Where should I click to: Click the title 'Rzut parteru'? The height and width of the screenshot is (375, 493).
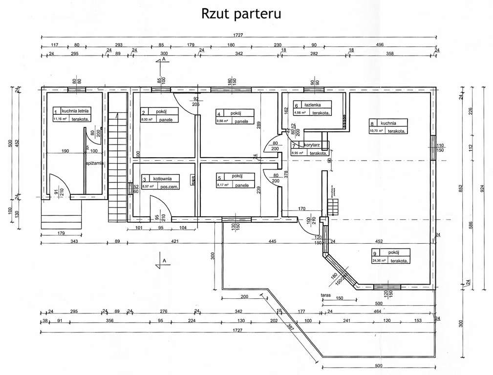click(241, 13)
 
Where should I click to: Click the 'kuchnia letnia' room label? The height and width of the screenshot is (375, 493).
click(75, 111)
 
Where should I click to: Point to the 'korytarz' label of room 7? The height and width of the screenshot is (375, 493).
click(312, 146)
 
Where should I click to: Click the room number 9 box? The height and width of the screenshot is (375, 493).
click(374, 253)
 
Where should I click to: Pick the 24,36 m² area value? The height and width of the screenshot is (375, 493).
click(379, 261)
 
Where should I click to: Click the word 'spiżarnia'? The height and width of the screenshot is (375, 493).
click(94, 164)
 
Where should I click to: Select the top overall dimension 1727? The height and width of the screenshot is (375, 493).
click(239, 35)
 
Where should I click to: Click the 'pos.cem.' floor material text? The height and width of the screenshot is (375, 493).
click(170, 187)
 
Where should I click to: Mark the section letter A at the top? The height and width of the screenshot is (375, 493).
click(164, 58)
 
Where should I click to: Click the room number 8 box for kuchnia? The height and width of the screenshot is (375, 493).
click(372, 124)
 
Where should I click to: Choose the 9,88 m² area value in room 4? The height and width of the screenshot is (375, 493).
click(222, 121)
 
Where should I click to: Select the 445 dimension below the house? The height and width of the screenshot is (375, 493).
click(273, 241)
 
